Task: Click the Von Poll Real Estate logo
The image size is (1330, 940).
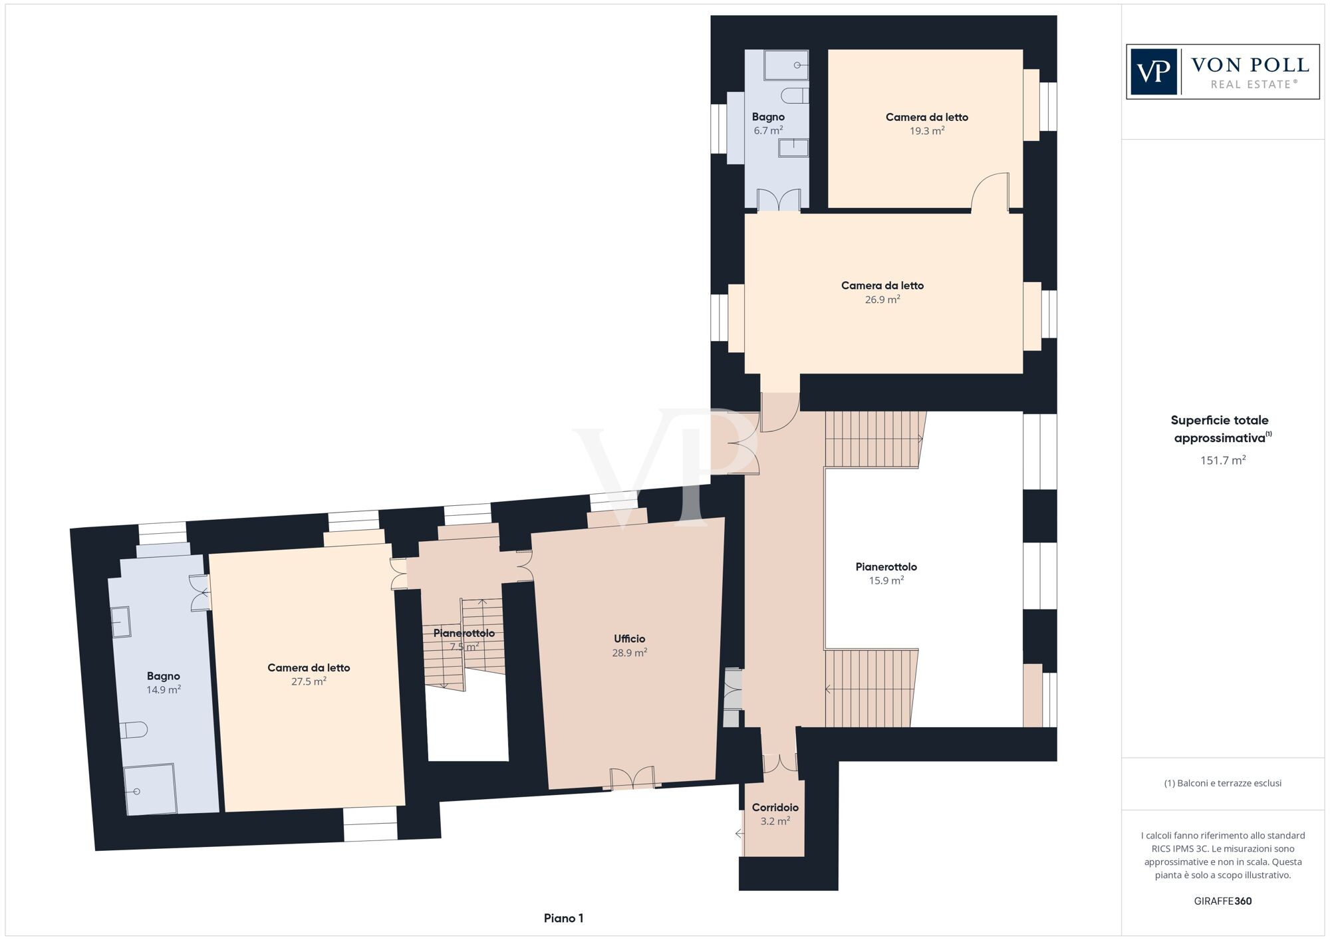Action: click(x=1222, y=72)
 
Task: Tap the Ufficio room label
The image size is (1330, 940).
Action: click(x=629, y=639)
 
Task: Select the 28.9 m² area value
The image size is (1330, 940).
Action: click(x=629, y=653)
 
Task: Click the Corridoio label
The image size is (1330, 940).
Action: click(x=775, y=808)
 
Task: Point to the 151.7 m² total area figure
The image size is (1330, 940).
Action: click(x=1222, y=460)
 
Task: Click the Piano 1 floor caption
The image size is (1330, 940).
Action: click(x=563, y=918)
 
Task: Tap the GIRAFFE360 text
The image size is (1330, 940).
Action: click(x=1222, y=901)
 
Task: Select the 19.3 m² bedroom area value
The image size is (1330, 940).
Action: click(x=926, y=131)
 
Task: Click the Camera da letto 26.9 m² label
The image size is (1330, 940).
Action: click(x=882, y=286)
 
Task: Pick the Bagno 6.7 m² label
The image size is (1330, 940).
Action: click(x=768, y=118)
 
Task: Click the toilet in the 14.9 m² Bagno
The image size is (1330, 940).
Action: click(x=135, y=730)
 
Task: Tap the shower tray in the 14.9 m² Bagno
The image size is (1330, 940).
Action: click(x=150, y=788)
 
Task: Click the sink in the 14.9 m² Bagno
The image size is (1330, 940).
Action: click(x=121, y=622)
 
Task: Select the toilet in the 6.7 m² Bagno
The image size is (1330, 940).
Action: click(x=795, y=96)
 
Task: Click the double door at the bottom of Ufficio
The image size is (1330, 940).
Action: click(x=632, y=778)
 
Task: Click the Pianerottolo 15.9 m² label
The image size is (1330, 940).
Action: click(x=886, y=567)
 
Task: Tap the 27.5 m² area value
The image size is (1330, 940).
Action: click(x=309, y=681)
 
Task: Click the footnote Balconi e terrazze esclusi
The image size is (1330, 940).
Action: click(x=1222, y=783)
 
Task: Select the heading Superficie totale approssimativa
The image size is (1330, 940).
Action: click(x=1220, y=429)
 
